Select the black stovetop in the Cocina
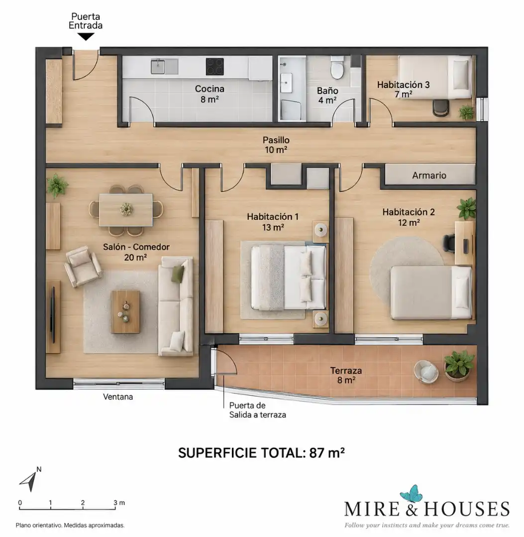[x=214, y=67]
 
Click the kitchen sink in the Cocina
[x=164, y=67]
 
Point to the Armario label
[x=429, y=176]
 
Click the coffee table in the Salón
[x=125, y=312]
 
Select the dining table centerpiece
[x=126, y=208]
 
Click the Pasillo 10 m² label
[x=276, y=145]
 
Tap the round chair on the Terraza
[x=426, y=371]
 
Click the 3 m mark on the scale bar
[x=115, y=506]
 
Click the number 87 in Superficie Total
[x=316, y=453]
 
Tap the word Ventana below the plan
[x=118, y=397]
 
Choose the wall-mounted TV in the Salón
[x=53, y=315]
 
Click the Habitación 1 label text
[x=273, y=217]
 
